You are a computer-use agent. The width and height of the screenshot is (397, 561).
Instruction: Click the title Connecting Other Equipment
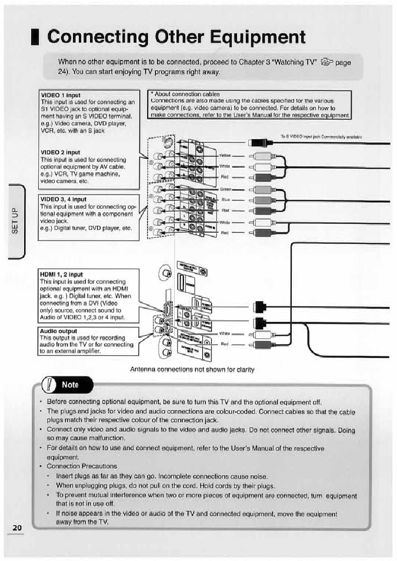coord(176,37)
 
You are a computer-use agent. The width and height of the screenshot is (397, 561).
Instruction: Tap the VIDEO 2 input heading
coord(60,152)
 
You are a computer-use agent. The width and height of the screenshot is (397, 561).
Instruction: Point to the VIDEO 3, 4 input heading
coord(63,199)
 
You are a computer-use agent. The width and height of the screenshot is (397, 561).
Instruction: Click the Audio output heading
coord(58,331)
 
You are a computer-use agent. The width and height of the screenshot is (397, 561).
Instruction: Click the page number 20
coord(17,527)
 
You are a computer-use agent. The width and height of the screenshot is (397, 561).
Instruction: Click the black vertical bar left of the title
coord(37,36)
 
